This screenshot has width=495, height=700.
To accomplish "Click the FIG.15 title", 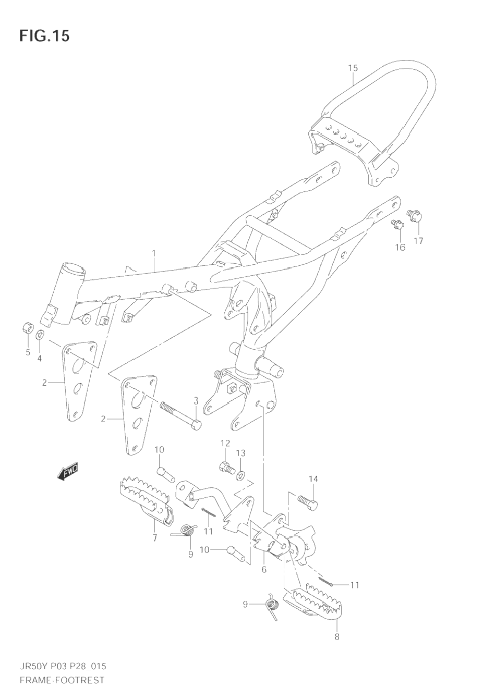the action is tap(44, 36).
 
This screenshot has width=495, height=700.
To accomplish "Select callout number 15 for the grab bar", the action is tap(353, 68).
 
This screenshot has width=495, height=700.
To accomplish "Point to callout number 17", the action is tap(418, 241).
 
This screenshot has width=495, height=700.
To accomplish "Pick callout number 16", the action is tap(400, 248).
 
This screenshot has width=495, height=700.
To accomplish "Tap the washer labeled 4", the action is tap(40, 335).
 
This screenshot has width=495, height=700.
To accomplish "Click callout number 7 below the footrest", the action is tap(154, 538).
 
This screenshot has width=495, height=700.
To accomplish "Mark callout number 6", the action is tap(264, 570).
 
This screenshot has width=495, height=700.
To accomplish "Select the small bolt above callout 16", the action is tap(396, 224).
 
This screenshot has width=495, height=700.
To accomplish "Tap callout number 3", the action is tap(196, 400).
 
